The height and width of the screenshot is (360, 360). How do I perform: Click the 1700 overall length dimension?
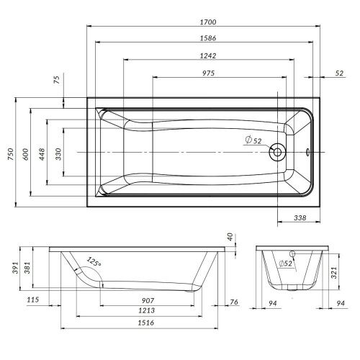tap(210, 22)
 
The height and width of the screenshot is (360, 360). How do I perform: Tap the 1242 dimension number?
tap(210, 55)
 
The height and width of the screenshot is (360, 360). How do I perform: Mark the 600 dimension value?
tap(26, 152)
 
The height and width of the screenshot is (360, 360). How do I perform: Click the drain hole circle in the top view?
tap(278, 153)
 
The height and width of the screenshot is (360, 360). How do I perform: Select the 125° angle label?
tap(94, 262)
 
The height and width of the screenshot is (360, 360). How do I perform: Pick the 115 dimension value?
tap(31, 300)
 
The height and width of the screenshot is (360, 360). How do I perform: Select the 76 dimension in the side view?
tap(234, 301)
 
